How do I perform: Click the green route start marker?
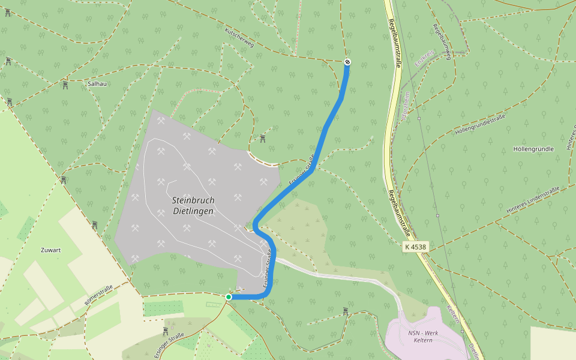[x=229, y=297]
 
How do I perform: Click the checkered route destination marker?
[x=347, y=62]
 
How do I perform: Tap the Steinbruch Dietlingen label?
[x=193, y=206]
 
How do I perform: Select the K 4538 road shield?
[x=415, y=246]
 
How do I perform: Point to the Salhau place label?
[x=97, y=84]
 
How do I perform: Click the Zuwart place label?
[x=52, y=250]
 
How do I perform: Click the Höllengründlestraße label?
[x=481, y=124]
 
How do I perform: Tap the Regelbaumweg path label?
[x=442, y=42]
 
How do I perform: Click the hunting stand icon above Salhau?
[x=65, y=85]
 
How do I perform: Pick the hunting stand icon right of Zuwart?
[x=94, y=225]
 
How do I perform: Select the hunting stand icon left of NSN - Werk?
[x=346, y=311]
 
